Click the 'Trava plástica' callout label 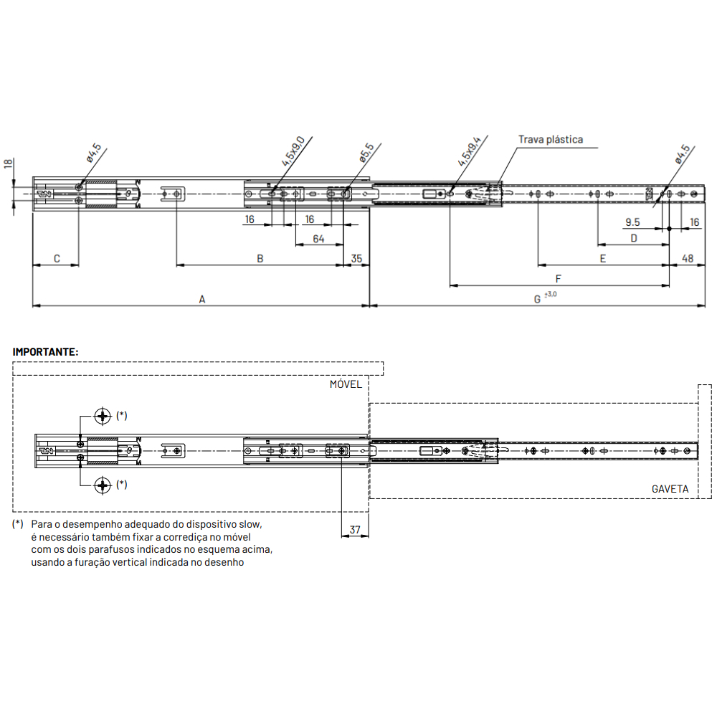tap(551, 140)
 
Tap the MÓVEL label tap(346, 384)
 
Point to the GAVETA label tap(670, 489)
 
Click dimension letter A tap(202, 300)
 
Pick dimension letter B tap(260, 259)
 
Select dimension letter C tap(57, 259)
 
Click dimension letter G tap(537, 300)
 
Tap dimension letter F tap(558, 279)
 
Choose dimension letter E tap(603, 259)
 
